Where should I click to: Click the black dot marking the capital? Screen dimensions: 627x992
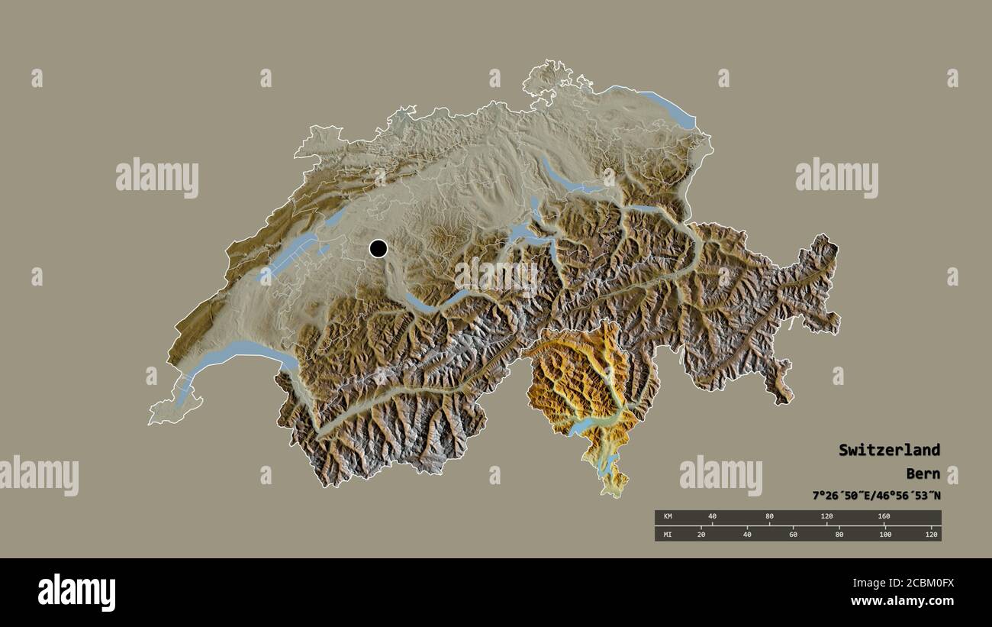click(378, 248)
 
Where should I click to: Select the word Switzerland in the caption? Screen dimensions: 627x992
click(889, 450)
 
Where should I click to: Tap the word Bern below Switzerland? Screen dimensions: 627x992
click(923, 473)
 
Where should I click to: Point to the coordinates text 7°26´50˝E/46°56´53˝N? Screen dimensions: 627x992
click(876, 496)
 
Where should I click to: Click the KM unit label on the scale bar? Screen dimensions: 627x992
click(668, 517)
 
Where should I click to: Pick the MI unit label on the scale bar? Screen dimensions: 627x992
click(668, 534)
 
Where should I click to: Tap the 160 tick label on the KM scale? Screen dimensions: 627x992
click(884, 517)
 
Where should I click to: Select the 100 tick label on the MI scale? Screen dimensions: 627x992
click(885, 534)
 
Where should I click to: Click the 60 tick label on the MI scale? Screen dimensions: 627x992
click(793, 534)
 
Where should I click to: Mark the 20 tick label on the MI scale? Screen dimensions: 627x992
click(701, 534)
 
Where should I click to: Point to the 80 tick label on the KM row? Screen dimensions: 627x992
click(769, 517)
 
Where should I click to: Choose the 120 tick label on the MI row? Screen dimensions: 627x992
click(931, 534)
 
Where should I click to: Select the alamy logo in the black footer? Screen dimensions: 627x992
click(77, 592)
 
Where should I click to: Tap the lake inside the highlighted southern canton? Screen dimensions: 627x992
click(591, 424)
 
